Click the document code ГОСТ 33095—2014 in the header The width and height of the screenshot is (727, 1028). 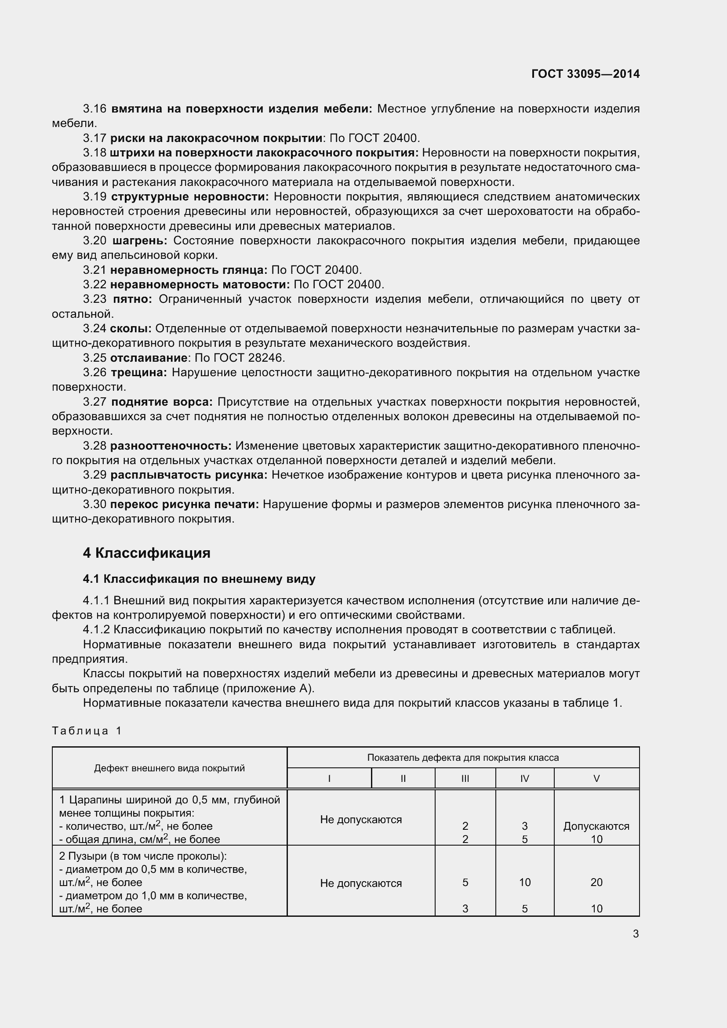click(x=585, y=74)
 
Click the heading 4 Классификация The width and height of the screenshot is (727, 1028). click(x=146, y=553)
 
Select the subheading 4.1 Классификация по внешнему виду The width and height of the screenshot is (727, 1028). click(x=199, y=579)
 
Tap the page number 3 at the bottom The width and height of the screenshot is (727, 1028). click(x=636, y=934)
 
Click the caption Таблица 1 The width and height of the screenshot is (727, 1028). click(x=87, y=731)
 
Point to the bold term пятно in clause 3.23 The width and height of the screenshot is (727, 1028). click(x=132, y=299)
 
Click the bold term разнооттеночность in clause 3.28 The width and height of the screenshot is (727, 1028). click(x=171, y=446)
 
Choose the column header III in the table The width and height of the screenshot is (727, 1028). click(x=465, y=779)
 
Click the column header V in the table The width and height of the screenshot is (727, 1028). click(x=596, y=779)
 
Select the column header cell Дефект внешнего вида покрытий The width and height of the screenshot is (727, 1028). click(x=169, y=768)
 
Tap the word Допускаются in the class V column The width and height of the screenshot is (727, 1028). click(x=596, y=826)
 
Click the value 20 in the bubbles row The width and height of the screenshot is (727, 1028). click(x=596, y=882)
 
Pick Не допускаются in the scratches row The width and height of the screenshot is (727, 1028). click(x=361, y=819)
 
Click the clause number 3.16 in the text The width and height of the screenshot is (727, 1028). click(x=95, y=109)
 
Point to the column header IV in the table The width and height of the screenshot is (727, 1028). click(x=525, y=779)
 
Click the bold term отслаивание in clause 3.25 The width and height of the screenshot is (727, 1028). click(x=149, y=358)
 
